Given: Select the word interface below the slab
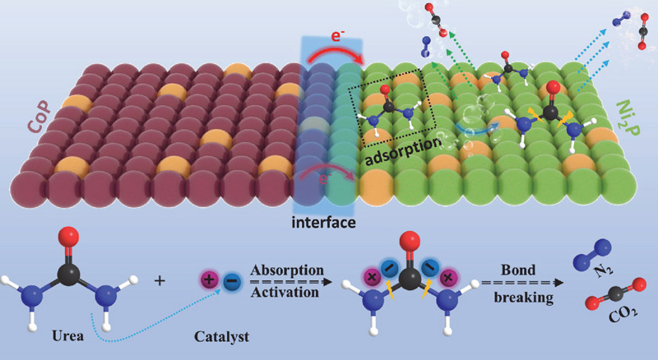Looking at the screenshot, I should [324, 222].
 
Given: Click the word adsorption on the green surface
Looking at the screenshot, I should [403, 154].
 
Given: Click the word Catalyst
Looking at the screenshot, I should [221, 337].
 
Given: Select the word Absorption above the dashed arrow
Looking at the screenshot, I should [288, 270].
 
